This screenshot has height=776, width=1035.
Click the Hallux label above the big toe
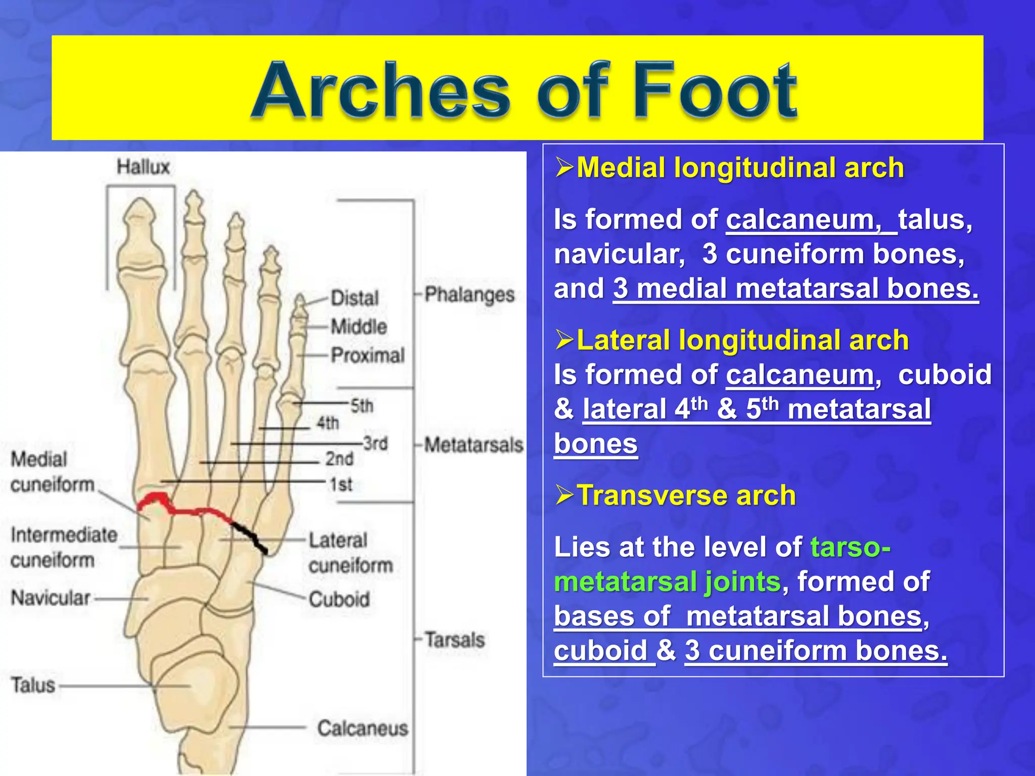(143, 167)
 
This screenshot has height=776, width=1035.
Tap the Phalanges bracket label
(469, 295)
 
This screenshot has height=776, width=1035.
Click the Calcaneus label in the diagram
(362, 728)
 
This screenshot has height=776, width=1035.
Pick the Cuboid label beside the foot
(339, 599)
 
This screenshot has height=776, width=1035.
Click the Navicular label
(51, 598)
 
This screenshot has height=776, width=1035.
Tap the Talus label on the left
(33, 685)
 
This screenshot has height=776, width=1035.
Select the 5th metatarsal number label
(362, 405)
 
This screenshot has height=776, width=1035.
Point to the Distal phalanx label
(354, 298)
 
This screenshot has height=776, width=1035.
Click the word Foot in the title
(714, 91)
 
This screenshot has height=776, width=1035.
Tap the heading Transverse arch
(686, 495)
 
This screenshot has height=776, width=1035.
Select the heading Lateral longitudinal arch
(742, 339)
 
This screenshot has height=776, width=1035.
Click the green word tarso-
(850, 547)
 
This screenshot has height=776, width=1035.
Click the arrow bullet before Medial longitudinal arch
(564, 167)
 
